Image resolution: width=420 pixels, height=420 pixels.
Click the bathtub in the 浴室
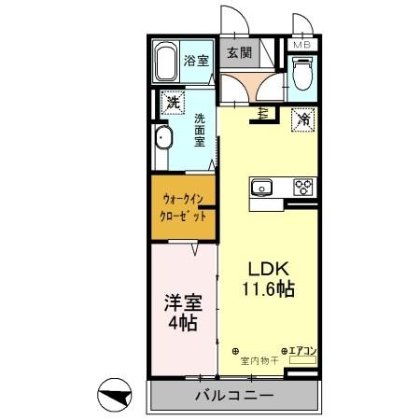[x=167, y=63]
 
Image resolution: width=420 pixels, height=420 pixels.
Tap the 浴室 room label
[x=196, y=62]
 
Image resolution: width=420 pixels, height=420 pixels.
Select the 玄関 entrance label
[x=238, y=53]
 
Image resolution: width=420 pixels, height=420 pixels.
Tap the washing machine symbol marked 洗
[x=171, y=103]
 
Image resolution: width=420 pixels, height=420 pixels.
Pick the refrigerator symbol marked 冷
[x=301, y=119]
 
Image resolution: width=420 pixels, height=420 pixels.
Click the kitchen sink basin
[x=262, y=187]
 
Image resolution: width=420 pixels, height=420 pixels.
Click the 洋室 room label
[x=181, y=302]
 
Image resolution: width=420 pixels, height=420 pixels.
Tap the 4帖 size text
[x=182, y=324]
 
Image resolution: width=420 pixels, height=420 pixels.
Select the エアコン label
[x=304, y=351]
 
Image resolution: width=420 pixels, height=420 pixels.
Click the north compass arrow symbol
[x=116, y=397]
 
